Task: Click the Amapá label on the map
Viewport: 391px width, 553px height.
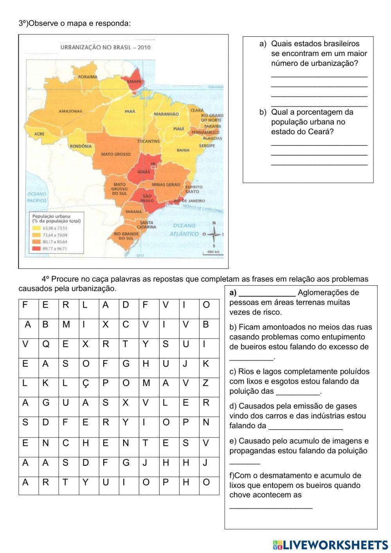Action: click(134, 81)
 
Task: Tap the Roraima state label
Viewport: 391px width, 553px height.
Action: click(88, 77)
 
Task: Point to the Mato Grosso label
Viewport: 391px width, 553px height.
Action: click(116, 154)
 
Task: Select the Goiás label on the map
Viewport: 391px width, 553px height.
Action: click(143, 172)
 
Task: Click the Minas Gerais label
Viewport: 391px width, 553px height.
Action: click(166, 184)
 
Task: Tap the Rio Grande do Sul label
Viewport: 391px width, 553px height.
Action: click(126, 236)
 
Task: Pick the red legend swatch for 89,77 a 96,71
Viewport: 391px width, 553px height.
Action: click(36, 249)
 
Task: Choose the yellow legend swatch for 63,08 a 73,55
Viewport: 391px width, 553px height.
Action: click(36, 228)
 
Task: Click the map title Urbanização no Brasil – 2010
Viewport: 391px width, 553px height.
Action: click(105, 48)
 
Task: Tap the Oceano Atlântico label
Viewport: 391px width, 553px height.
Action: click(184, 230)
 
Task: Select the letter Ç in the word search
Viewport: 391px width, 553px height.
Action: click(86, 384)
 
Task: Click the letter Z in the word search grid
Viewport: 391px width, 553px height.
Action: click(206, 383)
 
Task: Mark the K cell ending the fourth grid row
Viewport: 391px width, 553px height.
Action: click(206, 364)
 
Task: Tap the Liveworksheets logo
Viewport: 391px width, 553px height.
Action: click(330, 545)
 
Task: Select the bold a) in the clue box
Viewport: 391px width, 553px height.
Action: click(233, 293)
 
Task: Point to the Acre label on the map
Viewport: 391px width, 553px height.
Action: click(39, 134)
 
